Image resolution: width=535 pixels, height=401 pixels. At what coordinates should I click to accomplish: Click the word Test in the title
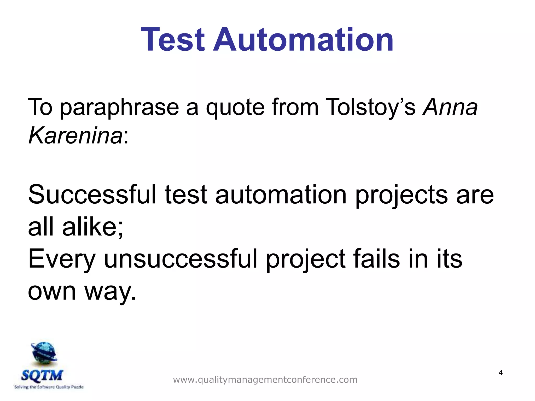click(172, 40)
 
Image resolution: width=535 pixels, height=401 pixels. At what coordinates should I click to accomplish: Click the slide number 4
click(501, 373)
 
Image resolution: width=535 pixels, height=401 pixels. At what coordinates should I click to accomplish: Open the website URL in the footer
click(265, 380)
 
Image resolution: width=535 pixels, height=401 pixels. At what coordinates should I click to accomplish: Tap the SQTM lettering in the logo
click(42, 375)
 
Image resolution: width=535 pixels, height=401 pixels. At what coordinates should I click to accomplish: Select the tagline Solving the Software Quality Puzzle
click(49, 387)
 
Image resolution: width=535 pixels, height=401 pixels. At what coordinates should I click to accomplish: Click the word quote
click(235, 108)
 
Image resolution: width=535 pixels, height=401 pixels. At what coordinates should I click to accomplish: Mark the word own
click(52, 292)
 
